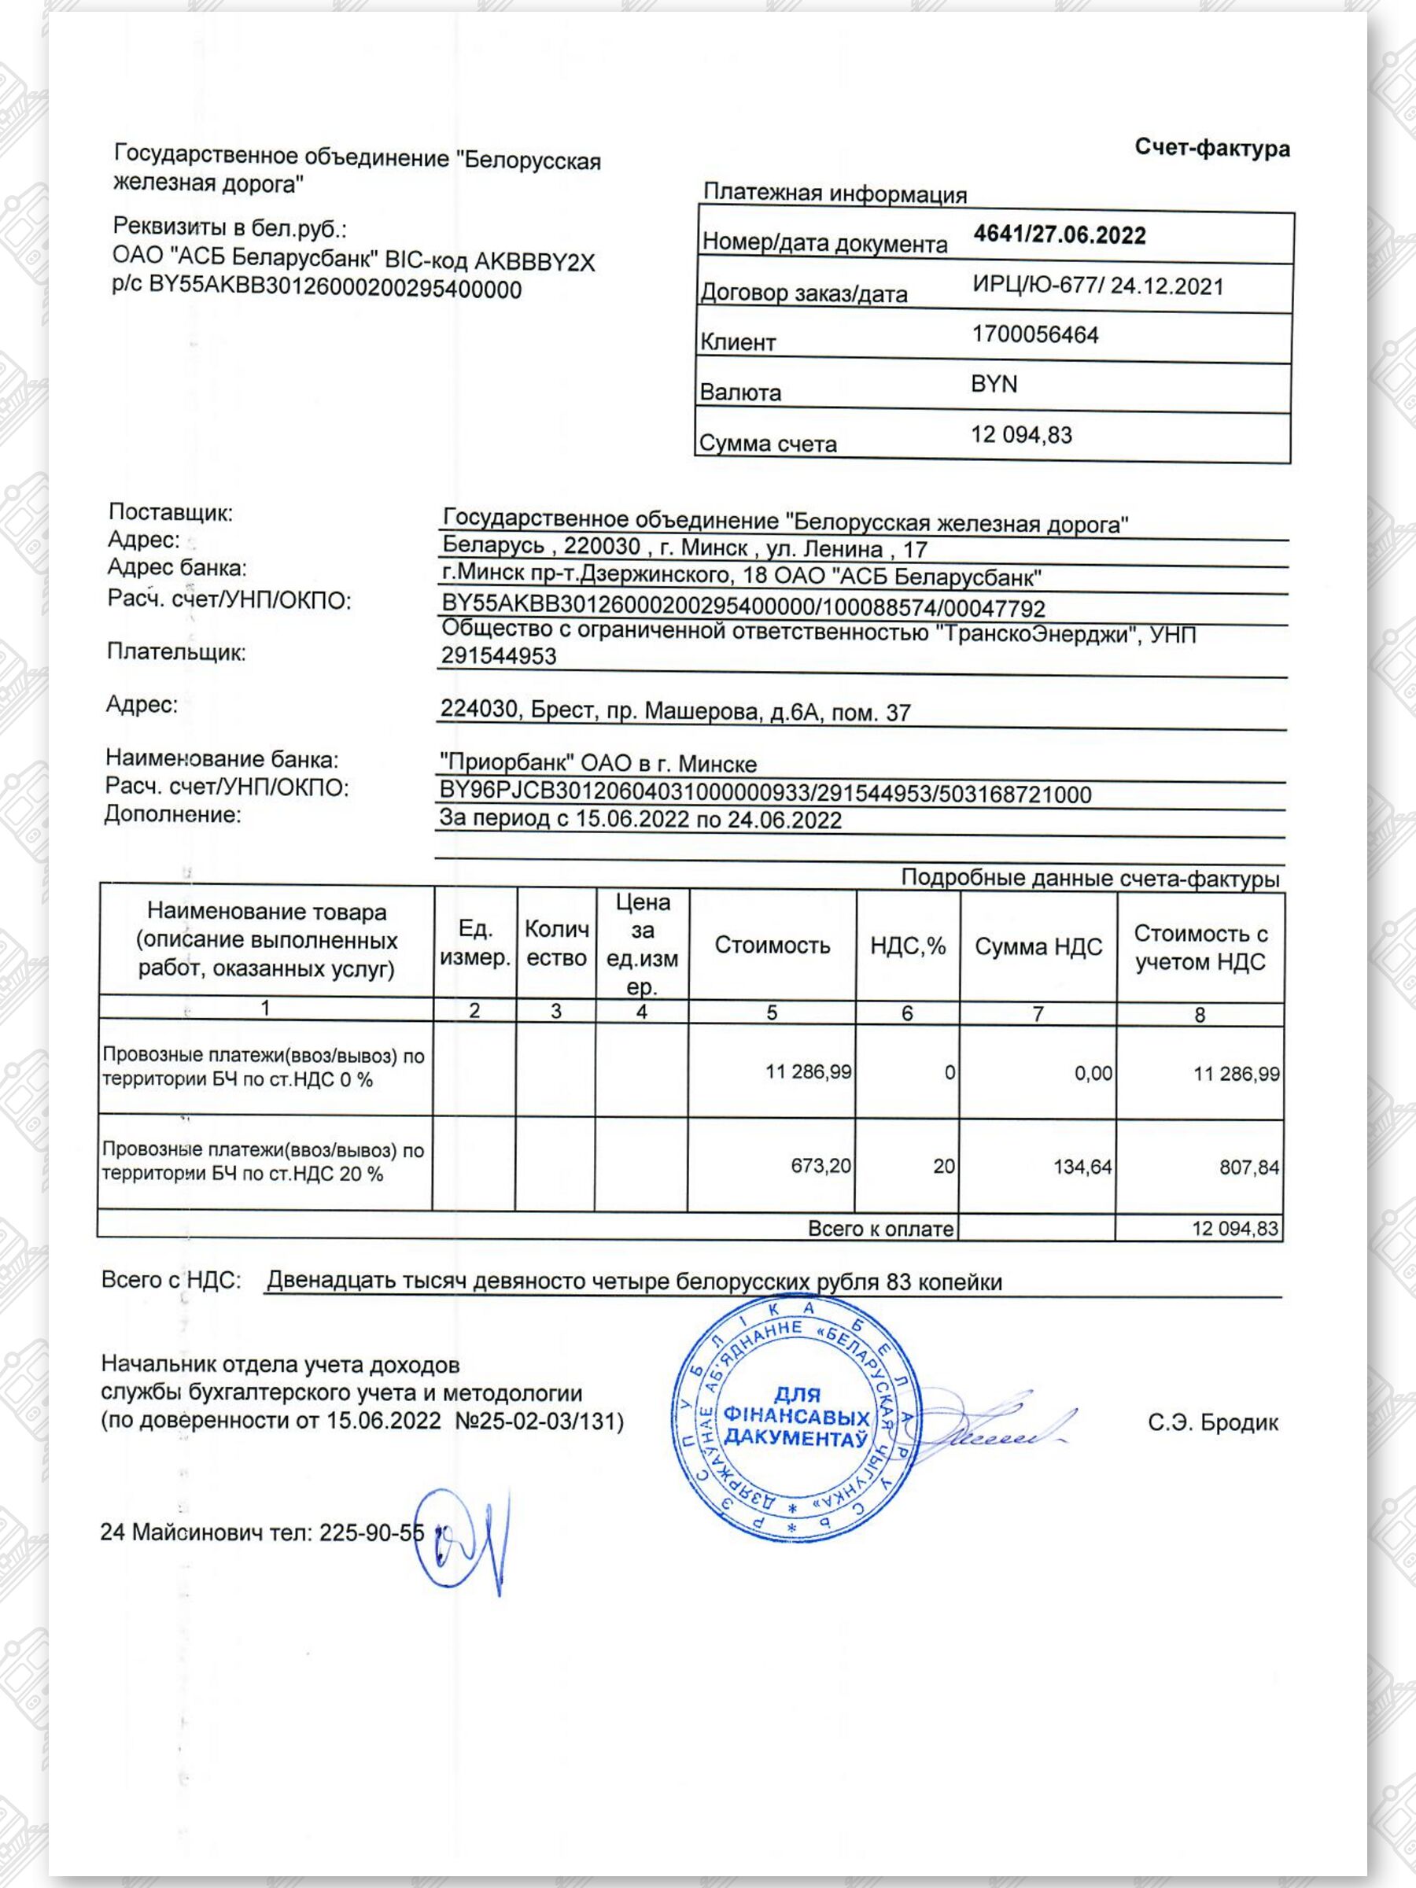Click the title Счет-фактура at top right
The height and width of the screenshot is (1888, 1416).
[x=1211, y=149]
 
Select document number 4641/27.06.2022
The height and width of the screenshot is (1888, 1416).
[x=1059, y=235]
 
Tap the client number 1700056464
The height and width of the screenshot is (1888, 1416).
[x=1034, y=334]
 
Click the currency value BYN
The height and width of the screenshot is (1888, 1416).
[x=994, y=384]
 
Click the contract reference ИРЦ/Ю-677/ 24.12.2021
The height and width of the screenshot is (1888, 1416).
[x=1097, y=286]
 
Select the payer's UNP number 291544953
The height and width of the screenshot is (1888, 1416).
[x=499, y=656]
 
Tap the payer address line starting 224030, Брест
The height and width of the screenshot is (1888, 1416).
[x=675, y=711]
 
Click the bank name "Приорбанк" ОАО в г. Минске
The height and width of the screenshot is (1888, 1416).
[x=597, y=763]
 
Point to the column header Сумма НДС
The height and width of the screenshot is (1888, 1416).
[x=1038, y=946]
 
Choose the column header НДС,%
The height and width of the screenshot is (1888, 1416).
[x=907, y=946]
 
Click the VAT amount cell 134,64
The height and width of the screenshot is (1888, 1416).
[x=1082, y=1167]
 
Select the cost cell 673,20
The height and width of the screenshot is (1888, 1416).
[x=820, y=1165]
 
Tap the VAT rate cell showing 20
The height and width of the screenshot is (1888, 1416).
[x=943, y=1166]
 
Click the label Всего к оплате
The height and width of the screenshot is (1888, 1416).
[x=880, y=1229]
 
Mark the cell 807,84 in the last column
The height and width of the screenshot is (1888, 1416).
[x=1248, y=1167]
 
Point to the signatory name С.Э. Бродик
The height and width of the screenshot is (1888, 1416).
[x=1213, y=1423]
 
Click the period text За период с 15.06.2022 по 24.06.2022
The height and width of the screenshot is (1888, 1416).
[x=640, y=820]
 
